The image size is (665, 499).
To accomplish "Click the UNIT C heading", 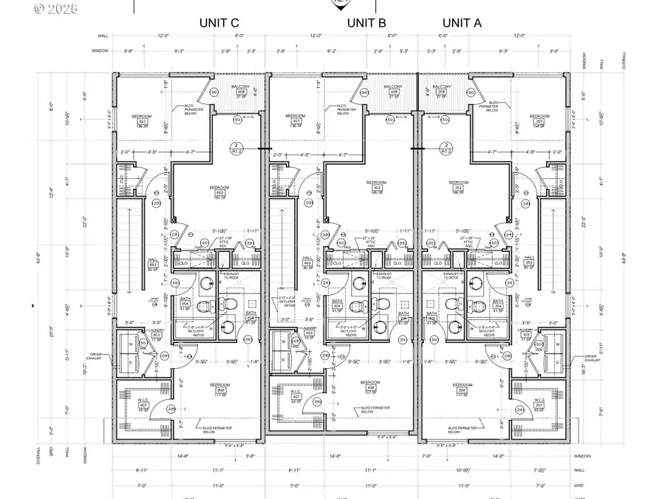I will pos(219,23).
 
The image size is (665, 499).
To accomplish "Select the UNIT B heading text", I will pos(366,23).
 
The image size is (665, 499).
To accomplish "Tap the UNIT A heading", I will pos(462,23).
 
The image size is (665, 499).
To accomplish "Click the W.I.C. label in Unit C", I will pos(144,403).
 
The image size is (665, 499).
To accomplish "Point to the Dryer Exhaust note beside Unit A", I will pos(595,358).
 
